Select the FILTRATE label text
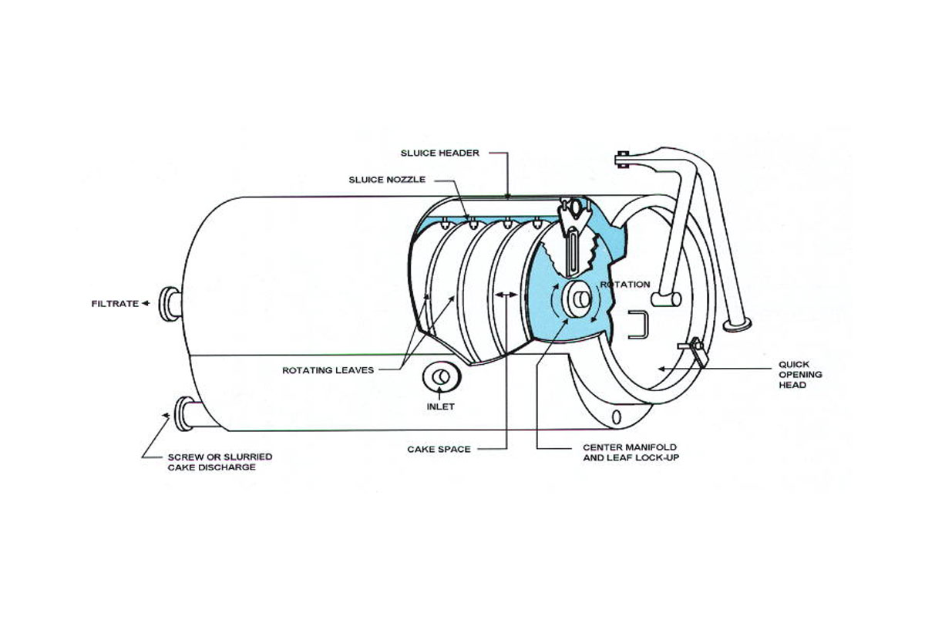(x=115, y=304)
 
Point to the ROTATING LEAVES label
(x=328, y=370)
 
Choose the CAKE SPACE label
(x=439, y=449)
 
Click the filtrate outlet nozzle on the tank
(x=170, y=302)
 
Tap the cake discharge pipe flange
(x=185, y=415)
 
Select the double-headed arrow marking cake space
(x=506, y=295)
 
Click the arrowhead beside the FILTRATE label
(x=146, y=304)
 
